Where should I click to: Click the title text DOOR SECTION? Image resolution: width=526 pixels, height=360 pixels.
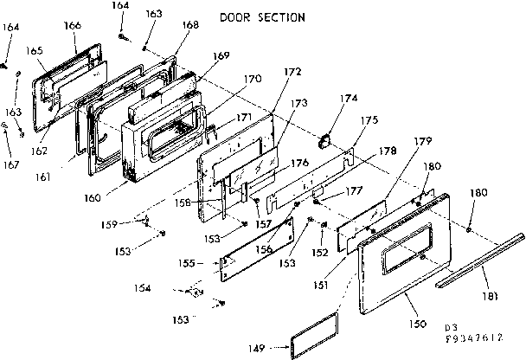260,17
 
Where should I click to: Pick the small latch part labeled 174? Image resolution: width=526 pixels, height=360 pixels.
327,138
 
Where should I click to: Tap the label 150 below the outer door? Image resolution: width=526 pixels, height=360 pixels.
418,323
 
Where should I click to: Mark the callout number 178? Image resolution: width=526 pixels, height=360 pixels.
388,151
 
